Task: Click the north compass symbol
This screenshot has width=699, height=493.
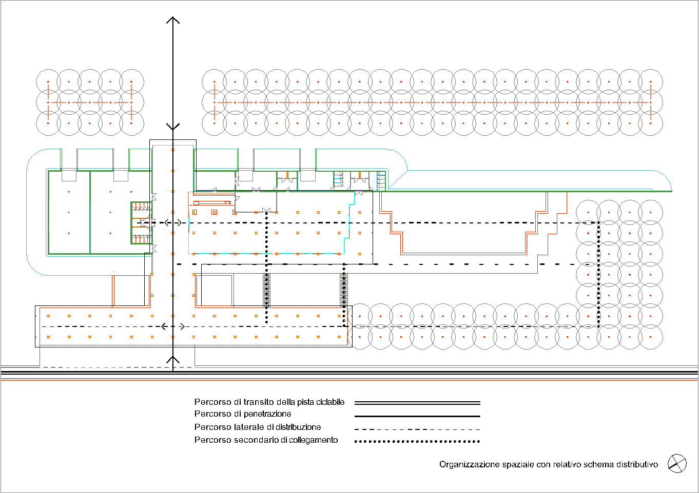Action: (x=677, y=464)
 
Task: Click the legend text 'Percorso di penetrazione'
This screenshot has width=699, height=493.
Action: (x=243, y=414)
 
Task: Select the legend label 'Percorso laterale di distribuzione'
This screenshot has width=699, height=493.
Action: (x=258, y=427)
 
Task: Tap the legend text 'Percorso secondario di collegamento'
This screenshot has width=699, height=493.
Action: (x=266, y=440)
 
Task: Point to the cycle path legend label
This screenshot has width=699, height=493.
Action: (x=269, y=402)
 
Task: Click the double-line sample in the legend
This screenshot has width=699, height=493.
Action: (x=417, y=403)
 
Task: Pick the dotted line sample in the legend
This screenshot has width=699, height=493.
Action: (x=417, y=441)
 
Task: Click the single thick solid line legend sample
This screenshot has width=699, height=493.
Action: (x=417, y=416)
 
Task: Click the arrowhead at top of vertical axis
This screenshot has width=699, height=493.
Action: (x=173, y=20)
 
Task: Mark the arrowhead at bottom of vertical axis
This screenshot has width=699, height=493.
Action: (x=173, y=360)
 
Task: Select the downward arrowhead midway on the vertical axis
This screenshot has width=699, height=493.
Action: (x=173, y=126)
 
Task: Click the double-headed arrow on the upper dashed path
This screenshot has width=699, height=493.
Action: (x=173, y=222)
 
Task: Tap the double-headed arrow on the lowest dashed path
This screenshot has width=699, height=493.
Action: (x=173, y=326)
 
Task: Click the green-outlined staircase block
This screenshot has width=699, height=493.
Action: (x=142, y=222)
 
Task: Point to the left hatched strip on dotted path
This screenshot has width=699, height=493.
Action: (x=266, y=290)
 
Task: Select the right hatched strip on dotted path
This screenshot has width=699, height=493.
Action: (x=344, y=290)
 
